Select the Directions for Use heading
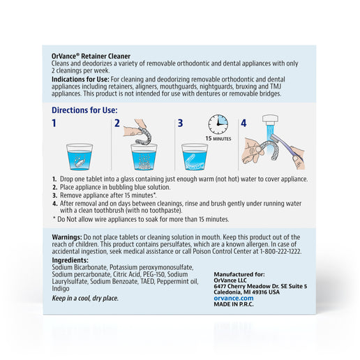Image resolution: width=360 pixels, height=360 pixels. click(84, 110)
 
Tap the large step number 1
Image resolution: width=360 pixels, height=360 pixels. click(54, 123)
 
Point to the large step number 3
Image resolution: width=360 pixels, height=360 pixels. click(180, 123)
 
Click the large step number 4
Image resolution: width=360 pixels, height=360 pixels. click(243, 123)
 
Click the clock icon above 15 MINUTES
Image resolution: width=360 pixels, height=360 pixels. click(218, 124)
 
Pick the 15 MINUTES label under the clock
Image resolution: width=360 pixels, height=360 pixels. click(218, 139)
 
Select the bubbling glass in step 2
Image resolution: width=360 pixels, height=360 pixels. click(144, 157)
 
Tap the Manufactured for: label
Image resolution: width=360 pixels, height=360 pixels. click(239, 274)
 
